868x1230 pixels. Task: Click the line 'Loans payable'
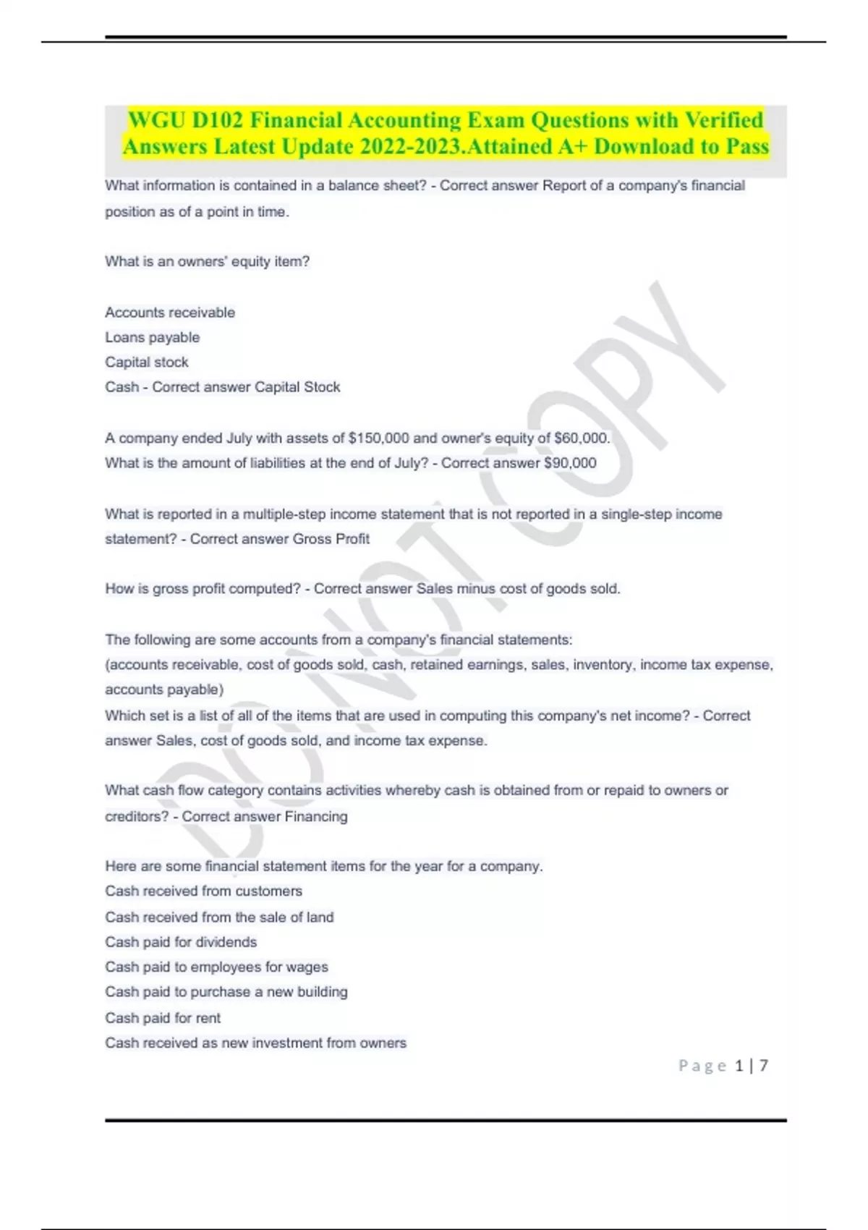tap(152, 338)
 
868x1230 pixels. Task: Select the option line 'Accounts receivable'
tap(170, 313)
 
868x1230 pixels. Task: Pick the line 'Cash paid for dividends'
tap(181, 942)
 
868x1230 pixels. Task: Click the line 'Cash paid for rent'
tap(163, 1018)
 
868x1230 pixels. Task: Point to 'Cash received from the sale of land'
tap(219, 917)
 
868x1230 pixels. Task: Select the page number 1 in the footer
tap(739, 1066)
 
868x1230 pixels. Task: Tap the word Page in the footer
tap(702, 1066)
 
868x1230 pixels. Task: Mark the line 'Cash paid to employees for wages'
tap(216, 967)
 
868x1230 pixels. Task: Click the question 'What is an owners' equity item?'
tap(207, 262)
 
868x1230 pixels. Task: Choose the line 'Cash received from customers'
tap(203, 891)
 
